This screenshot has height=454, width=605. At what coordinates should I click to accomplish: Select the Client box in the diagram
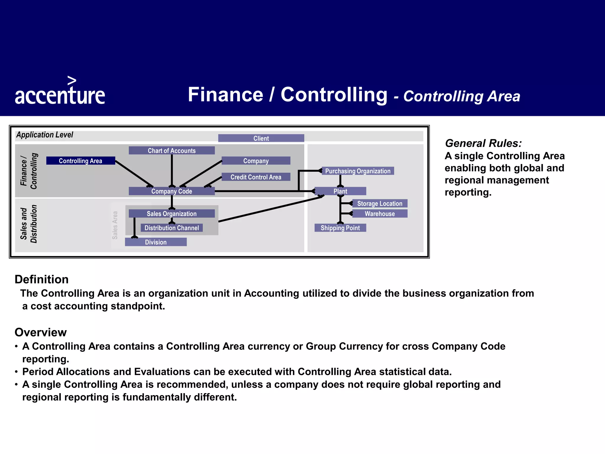[x=261, y=138]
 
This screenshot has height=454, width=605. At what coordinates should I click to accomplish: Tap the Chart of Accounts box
[x=172, y=150]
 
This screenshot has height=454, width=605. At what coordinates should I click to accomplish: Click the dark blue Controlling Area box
[x=81, y=161]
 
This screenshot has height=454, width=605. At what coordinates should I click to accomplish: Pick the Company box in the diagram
[x=256, y=161]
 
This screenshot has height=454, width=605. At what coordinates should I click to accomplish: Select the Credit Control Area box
[x=256, y=177]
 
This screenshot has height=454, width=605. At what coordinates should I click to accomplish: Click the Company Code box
[x=172, y=191]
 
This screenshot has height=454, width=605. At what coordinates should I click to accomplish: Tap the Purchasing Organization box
[x=358, y=171]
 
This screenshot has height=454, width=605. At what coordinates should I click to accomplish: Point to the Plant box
[x=340, y=191]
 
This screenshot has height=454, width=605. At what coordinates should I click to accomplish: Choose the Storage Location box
[x=380, y=203]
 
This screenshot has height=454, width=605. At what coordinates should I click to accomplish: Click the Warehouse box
[x=380, y=214]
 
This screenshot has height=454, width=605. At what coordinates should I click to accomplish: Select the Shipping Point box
[x=340, y=228]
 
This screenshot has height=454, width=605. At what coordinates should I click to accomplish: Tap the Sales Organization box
[x=172, y=214]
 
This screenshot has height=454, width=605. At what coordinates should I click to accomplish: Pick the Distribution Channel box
[x=172, y=228]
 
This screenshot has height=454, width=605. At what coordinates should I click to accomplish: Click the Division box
[x=156, y=242]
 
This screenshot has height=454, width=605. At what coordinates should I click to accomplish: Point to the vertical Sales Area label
[x=115, y=225]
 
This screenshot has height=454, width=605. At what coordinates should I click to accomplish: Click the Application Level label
[x=45, y=135]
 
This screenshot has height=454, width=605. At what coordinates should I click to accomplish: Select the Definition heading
[x=42, y=279]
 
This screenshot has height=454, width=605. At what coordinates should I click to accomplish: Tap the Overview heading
[x=41, y=332]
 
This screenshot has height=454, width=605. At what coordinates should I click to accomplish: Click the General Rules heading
[x=483, y=143]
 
